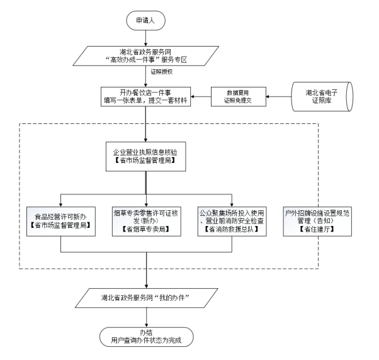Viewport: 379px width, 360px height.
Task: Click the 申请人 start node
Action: (x=145, y=21)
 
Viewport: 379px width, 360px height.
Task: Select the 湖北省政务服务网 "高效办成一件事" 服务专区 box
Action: (x=145, y=56)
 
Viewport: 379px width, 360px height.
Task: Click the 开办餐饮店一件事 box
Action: (x=145, y=97)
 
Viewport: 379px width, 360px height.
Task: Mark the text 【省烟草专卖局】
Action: (x=145, y=231)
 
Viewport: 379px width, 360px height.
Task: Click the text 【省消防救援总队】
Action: (x=232, y=231)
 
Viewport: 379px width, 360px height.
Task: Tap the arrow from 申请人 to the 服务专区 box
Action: (x=145, y=37)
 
